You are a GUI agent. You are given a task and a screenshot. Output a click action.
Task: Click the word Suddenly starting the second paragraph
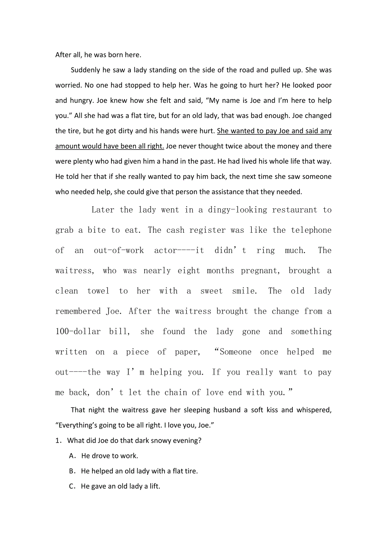click(86, 70)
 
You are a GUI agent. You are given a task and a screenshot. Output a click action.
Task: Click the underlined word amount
click(67, 146)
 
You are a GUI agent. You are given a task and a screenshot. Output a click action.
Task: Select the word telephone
click(311, 230)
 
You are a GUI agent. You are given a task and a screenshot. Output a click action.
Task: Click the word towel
click(98, 291)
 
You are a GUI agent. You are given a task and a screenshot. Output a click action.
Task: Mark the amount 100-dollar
click(78, 332)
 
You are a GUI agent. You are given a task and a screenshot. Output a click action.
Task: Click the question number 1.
click(58, 441)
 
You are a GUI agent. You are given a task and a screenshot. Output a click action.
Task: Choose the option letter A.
click(72, 456)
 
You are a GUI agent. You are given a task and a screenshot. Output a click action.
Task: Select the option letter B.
click(72, 471)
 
